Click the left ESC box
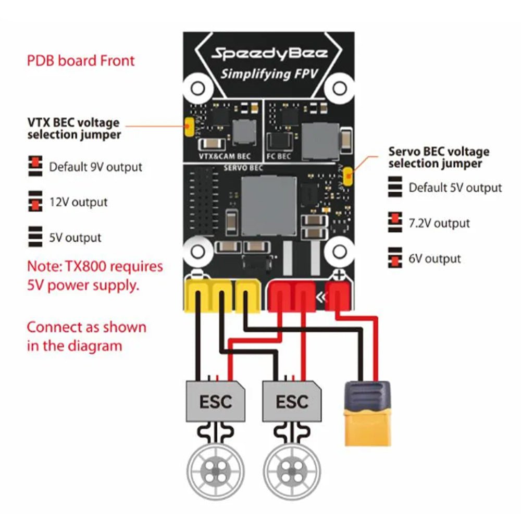click(x=216, y=401)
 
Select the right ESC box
click(x=292, y=401)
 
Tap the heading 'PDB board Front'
click(x=81, y=60)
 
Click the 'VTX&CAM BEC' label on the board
click(x=225, y=156)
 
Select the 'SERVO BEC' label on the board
click(x=243, y=168)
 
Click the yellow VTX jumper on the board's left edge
click(x=189, y=127)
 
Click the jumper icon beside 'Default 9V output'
click(x=35, y=165)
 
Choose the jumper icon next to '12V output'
click(x=35, y=201)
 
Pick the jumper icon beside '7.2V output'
click(x=395, y=222)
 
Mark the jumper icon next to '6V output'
click(x=395, y=258)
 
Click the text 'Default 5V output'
click(x=455, y=188)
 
